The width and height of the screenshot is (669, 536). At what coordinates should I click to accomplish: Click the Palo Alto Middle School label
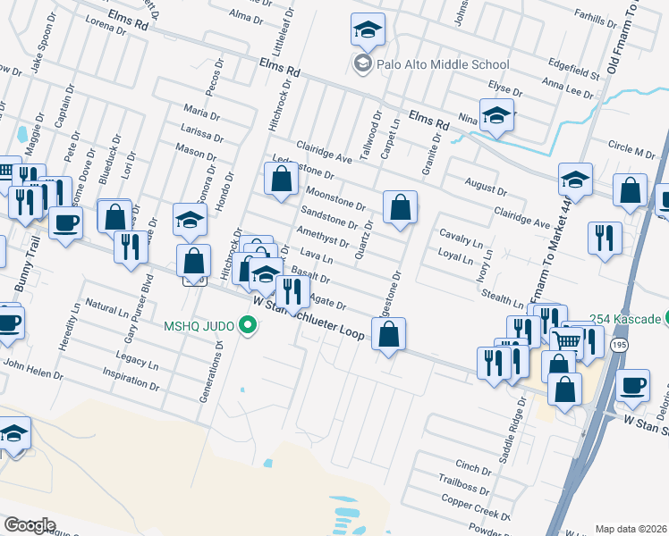pyautogui.click(x=431, y=64)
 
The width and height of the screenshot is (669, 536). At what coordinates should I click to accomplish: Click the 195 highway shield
pyautogui.click(x=617, y=343)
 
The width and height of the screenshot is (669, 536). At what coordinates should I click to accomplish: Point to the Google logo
pyautogui.click(x=30, y=524)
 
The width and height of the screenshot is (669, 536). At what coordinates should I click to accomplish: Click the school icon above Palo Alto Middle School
pyautogui.click(x=368, y=30)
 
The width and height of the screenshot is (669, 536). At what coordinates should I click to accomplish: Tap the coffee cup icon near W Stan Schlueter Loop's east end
pyautogui.click(x=632, y=384)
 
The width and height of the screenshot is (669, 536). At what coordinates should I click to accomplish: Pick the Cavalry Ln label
pyautogui.click(x=461, y=238)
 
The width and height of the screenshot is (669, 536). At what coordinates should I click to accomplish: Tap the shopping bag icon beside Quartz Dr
pyautogui.click(x=400, y=206)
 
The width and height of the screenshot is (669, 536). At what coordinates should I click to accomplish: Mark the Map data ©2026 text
pyautogui.click(x=630, y=529)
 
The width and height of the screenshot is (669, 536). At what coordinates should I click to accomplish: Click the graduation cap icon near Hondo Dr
pyautogui.click(x=190, y=218)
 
